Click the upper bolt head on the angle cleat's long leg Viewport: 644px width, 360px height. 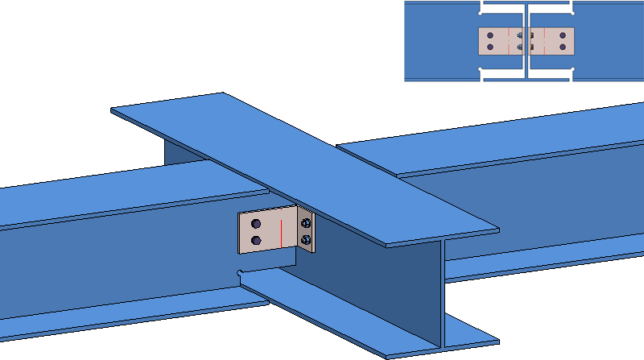tap(256, 223)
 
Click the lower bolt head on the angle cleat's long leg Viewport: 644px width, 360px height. tap(256, 240)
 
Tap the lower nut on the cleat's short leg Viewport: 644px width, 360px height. tap(306, 239)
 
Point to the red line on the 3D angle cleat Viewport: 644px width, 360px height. tap(279, 234)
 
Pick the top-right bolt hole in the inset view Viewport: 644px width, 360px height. tap(563, 35)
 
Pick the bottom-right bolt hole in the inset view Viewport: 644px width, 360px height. tap(563, 47)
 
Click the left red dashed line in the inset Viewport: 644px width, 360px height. tap(509, 42)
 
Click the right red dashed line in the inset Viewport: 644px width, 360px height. tap(545, 42)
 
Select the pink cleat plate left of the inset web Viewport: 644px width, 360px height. tap(499, 41)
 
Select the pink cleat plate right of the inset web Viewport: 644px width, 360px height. tap(555, 41)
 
